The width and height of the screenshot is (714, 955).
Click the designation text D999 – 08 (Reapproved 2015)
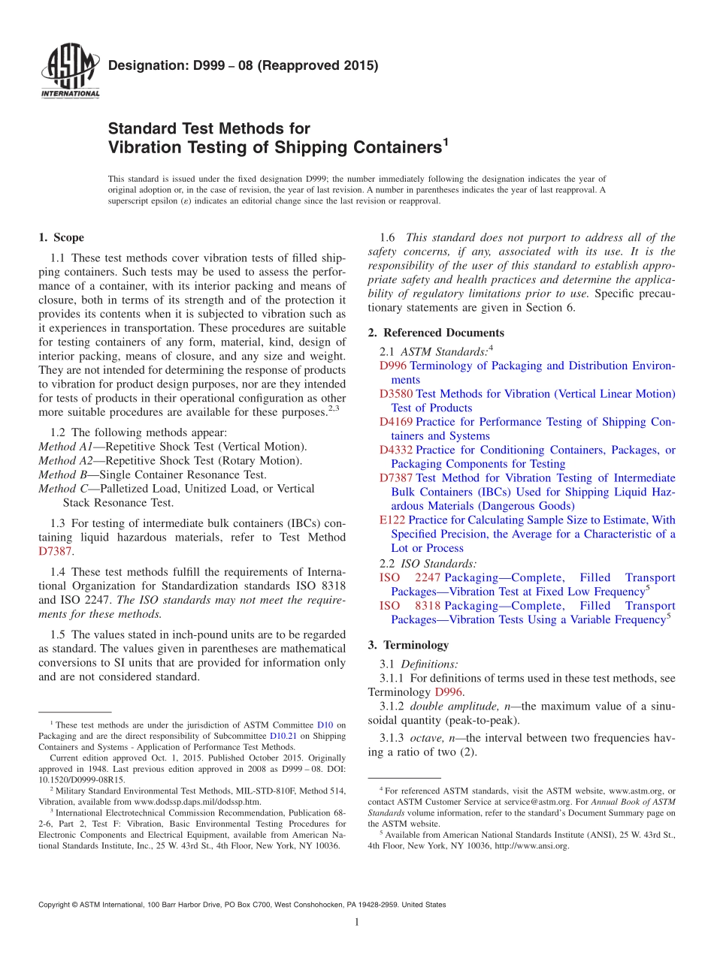tap(243, 66)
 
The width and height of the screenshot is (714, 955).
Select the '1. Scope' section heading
tap(61, 238)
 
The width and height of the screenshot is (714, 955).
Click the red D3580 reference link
tap(395, 394)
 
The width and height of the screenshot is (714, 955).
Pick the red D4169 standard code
tap(395, 422)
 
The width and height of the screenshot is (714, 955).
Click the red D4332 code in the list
tap(395, 450)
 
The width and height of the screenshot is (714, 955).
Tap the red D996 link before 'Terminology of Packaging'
tap(393, 366)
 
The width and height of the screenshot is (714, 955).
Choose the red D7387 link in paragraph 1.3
tap(55, 551)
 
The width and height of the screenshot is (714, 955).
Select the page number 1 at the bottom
tap(357, 923)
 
